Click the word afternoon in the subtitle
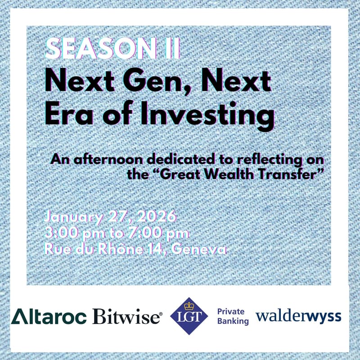point(102,159)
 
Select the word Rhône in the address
point(112,249)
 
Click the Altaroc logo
point(49,316)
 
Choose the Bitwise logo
point(127,317)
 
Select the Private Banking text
point(233,316)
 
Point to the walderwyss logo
point(298,316)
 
